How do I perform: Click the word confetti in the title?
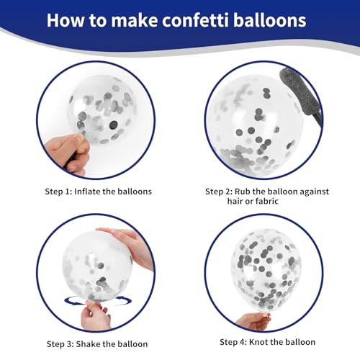point(196,20)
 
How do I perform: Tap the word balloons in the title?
point(270,20)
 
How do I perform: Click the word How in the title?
point(65,20)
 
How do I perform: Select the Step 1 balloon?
point(102,110)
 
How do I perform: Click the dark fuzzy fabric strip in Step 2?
point(300,96)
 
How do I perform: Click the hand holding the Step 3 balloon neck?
point(95,315)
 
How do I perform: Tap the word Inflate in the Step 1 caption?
point(87,192)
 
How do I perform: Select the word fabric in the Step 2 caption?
point(267,201)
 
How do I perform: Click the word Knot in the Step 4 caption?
point(258,342)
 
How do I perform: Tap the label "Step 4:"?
point(233,342)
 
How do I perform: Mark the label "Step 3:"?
point(60,344)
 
